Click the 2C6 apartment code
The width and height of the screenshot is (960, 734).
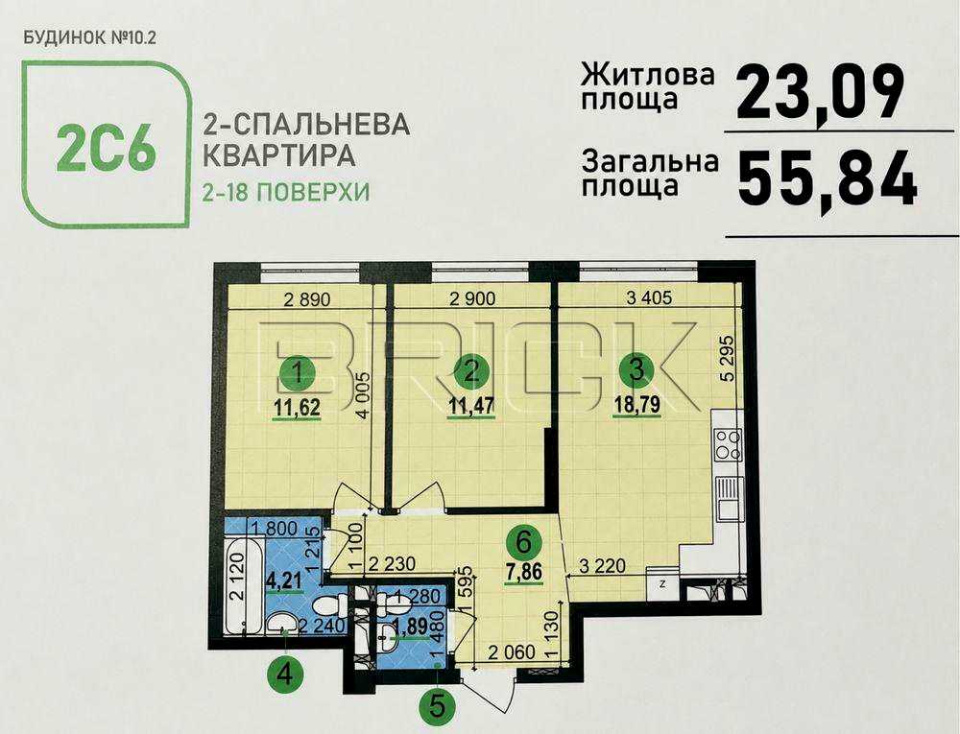106,148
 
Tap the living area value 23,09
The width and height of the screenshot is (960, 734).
821,94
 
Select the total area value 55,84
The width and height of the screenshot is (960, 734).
828,179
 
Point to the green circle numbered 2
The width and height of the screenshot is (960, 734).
470,372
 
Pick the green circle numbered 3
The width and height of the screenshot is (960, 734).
637,370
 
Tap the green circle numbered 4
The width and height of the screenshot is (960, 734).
285,675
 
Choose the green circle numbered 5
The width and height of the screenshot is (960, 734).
437,708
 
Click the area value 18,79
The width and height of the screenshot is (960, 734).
637,405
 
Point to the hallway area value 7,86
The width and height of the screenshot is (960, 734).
524,572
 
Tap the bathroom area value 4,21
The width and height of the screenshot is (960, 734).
283,580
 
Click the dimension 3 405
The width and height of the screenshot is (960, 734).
650,297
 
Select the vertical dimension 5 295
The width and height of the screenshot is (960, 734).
728,358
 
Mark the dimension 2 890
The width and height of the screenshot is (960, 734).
307,299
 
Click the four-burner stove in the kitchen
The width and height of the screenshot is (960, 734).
728,444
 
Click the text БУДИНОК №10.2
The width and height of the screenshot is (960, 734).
89,38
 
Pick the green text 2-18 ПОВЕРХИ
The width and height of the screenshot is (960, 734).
286,193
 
